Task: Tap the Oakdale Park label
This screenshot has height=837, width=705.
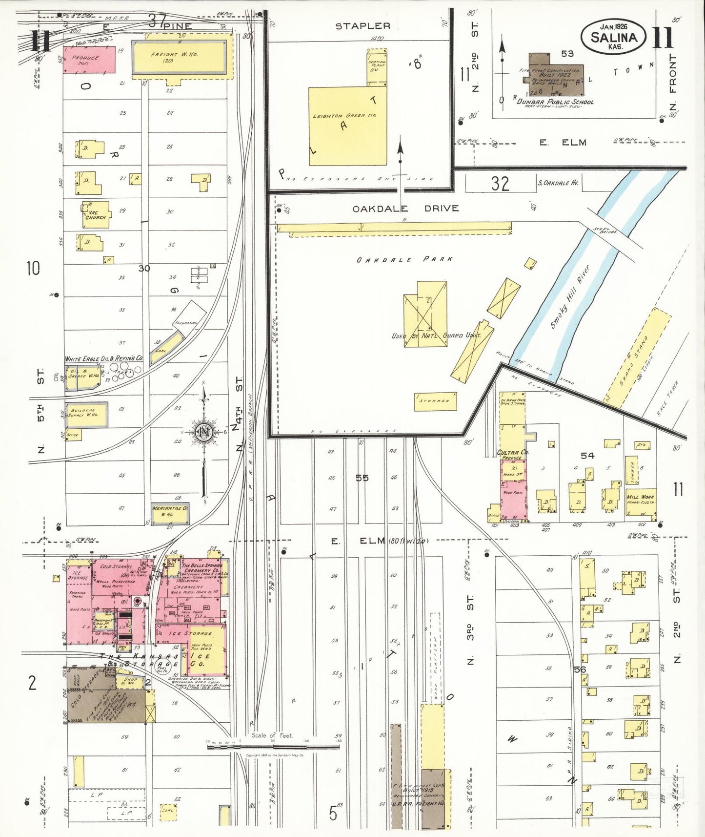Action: (404, 260)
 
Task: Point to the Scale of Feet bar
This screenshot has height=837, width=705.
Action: (273, 746)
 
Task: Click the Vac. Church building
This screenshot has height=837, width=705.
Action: (96, 215)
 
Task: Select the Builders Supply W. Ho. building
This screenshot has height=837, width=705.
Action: (86, 414)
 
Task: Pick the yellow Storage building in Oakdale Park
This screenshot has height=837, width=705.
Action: (436, 401)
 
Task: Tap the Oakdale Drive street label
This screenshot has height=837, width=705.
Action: (405, 209)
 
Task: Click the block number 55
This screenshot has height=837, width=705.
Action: (362, 478)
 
